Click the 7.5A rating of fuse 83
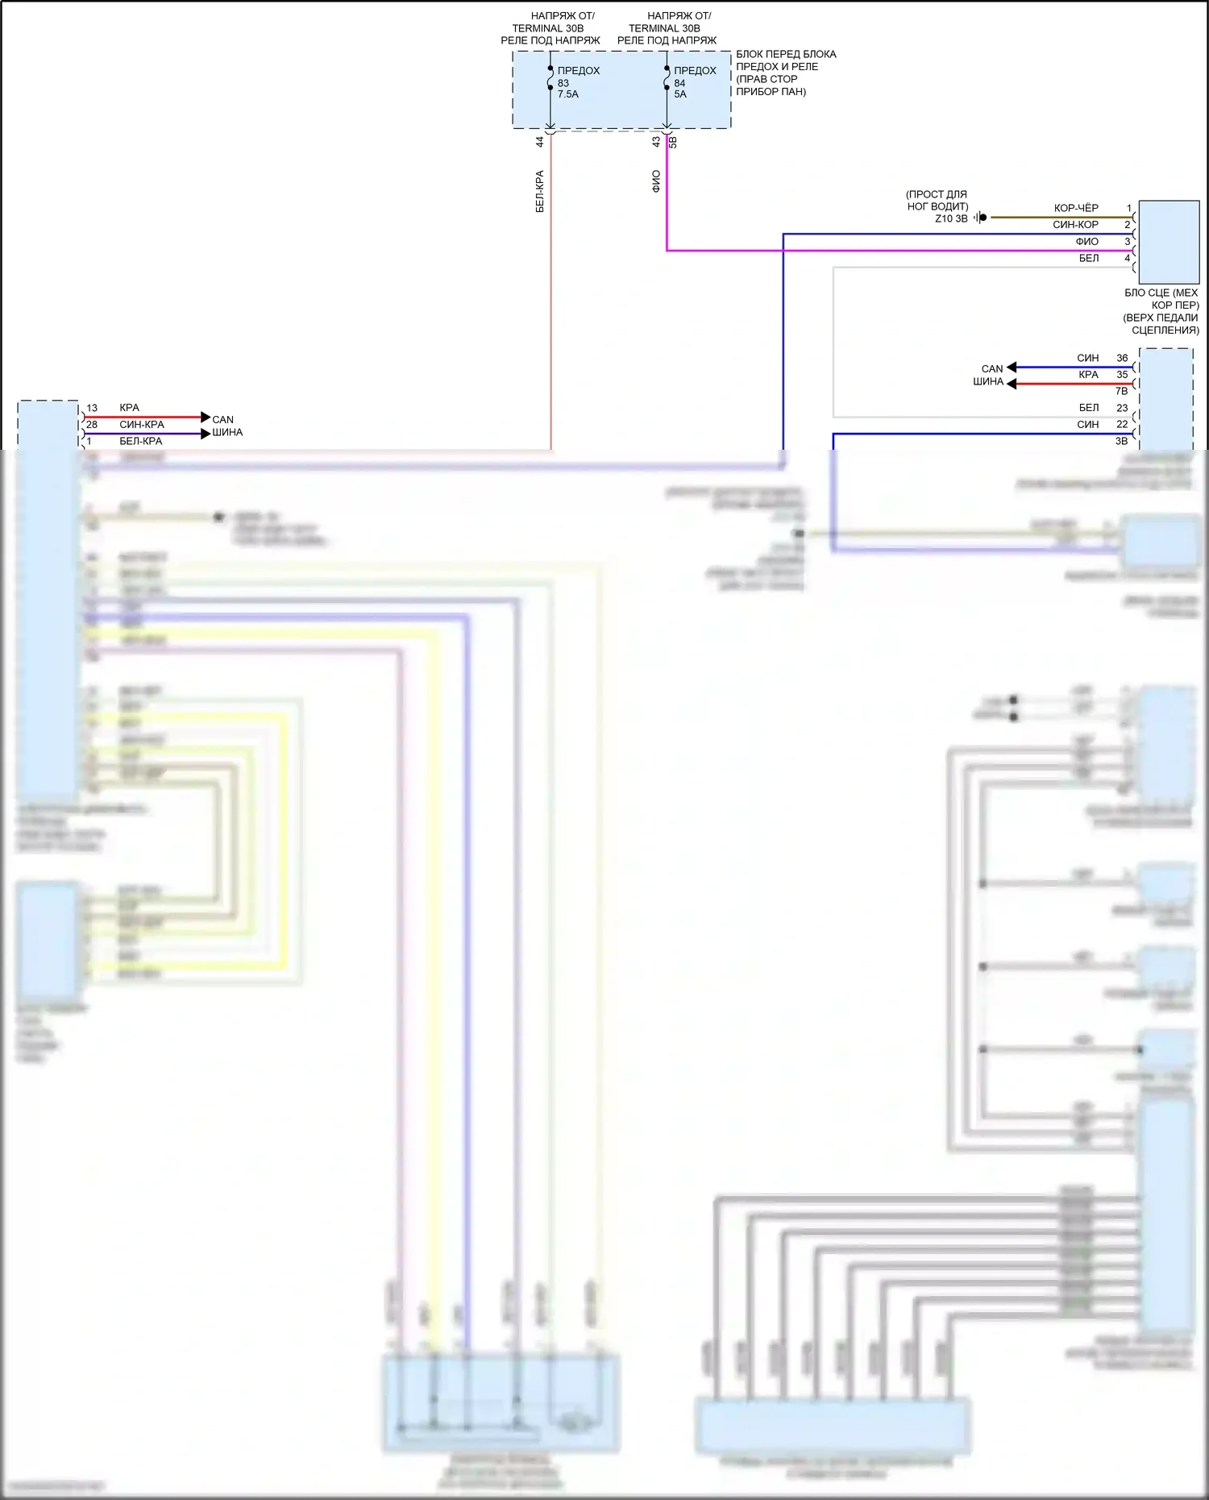(x=567, y=94)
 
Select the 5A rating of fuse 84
(x=680, y=94)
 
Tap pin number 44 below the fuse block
(x=540, y=141)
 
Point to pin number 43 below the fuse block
(x=656, y=141)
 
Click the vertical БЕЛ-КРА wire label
(x=540, y=191)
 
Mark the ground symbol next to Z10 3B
(x=980, y=218)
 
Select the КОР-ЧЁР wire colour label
(x=1075, y=208)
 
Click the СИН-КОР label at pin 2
(x=1075, y=225)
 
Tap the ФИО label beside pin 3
(x=1086, y=242)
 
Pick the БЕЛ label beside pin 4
(x=1088, y=259)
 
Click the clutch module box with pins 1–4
(x=1169, y=242)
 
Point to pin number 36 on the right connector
(x=1122, y=358)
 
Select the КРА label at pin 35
(x=1088, y=375)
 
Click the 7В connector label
(x=1121, y=391)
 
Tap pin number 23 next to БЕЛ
(x=1122, y=408)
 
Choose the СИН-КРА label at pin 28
(x=142, y=425)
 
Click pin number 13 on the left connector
(x=92, y=408)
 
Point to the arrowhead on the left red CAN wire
(x=206, y=418)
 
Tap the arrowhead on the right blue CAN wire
(x=1012, y=368)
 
